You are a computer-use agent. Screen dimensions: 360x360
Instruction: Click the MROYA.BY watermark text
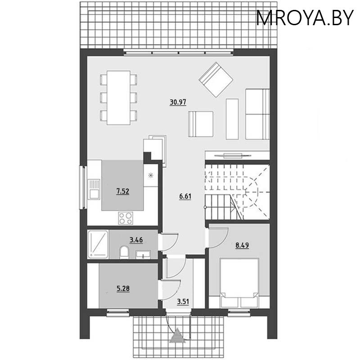click(x=305, y=18)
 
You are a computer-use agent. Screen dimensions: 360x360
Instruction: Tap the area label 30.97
click(x=178, y=102)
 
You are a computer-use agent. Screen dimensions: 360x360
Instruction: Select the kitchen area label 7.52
click(x=123, y=191)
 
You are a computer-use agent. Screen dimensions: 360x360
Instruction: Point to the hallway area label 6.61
click(x=185, y=197)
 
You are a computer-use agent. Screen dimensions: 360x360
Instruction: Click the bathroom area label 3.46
click(x=136, y=240)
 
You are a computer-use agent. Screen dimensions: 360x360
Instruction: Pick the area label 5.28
click(x=123, y=288)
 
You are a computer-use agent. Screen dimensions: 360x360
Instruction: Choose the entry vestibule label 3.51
click(x=183, y=301)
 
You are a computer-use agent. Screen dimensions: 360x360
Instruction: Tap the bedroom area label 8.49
click(x=242, y=245)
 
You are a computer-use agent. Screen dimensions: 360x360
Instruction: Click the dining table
click(x=118, y=98)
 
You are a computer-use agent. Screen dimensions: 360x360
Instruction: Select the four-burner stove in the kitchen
click(x=126, y=218)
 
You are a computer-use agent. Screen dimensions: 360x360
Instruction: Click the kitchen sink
click(x=94, y=189)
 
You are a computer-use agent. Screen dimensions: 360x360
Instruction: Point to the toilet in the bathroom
click(x=124, y=252)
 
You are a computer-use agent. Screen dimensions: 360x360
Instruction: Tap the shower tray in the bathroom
click(x=98, y=244)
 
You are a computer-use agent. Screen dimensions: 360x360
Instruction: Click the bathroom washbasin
click(x=143, y=254)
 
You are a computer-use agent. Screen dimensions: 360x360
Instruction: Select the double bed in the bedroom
click(x=239, y=283)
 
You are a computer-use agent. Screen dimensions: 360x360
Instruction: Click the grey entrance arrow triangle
click(x=177, y=336)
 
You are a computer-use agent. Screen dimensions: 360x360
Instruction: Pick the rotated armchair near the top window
click(x=216, y=80)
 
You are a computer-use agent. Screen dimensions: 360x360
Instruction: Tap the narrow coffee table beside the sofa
click(x=232, y=119)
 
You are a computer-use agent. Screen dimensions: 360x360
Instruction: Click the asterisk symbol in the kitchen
click(x=151, y=175)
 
